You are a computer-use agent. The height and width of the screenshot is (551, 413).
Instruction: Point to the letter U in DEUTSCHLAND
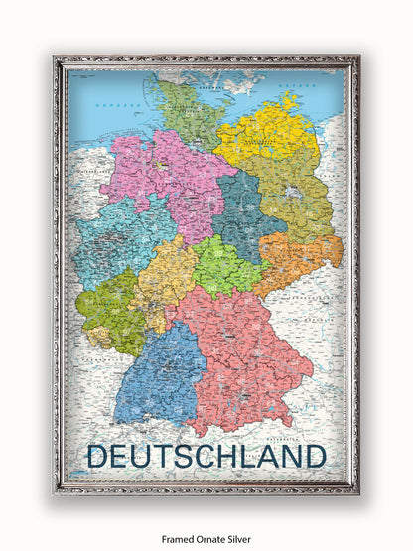(143, 456)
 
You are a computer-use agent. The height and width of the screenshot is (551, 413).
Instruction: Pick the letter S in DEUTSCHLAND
(185, 456)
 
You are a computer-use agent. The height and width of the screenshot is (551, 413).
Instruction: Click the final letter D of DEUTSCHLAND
(316, 456)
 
